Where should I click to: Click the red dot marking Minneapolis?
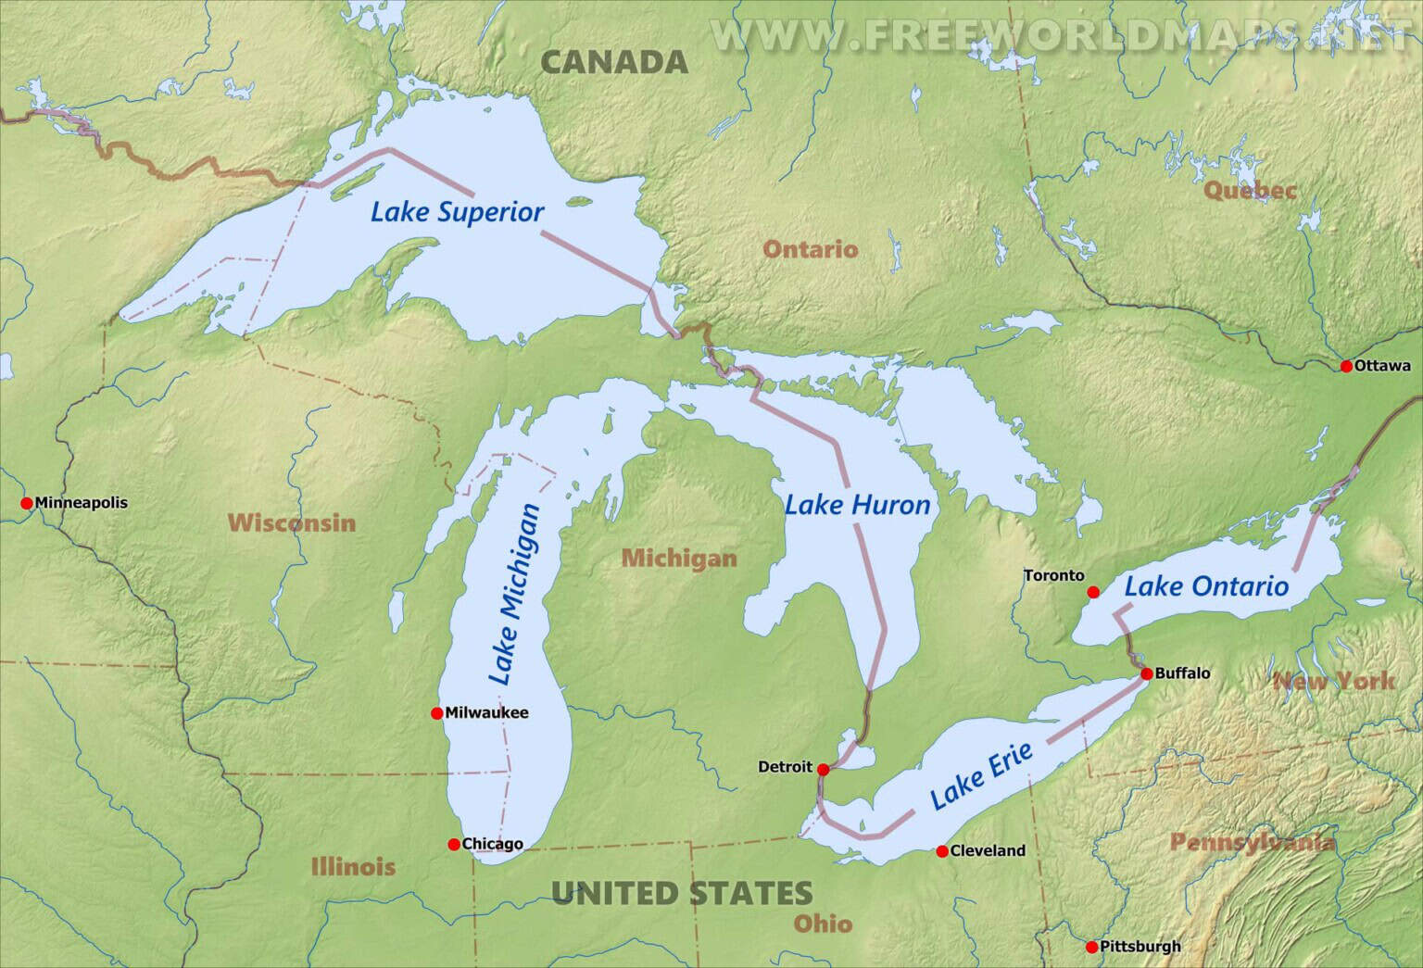[27, 503]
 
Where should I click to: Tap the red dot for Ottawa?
[1346, 366]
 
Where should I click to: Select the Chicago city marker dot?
[454, 844]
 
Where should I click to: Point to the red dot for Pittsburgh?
[1092, 947]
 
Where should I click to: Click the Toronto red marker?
[1093, 592]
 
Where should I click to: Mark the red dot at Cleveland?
[942, 851]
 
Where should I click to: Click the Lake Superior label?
[457, 212]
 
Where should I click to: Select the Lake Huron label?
[857, 505]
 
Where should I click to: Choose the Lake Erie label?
[981, 776]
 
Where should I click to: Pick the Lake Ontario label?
[1206, 586]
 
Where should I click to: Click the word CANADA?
[614, 62]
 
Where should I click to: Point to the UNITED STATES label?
[682, 893]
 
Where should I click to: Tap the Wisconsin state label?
[292, 522]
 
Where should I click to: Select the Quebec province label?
[1250, 191]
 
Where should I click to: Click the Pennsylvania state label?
[1252, 842]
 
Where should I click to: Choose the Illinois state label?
[353, 867]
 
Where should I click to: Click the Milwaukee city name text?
[486, 713]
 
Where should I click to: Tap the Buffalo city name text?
[1182, 673]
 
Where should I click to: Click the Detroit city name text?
[785, 767]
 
